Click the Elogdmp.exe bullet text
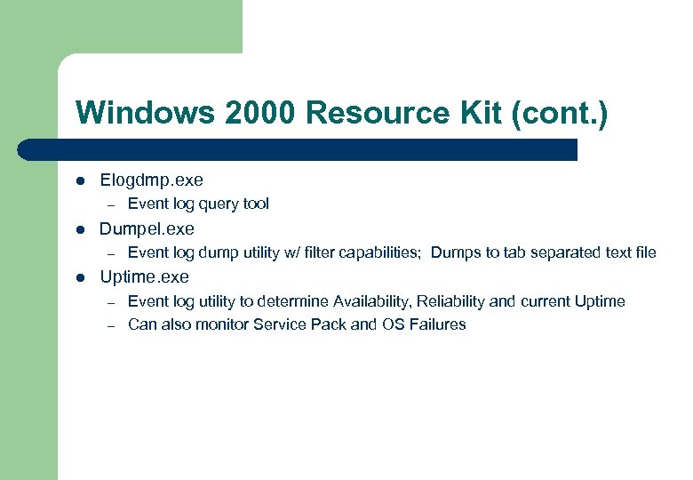tap(151, 180)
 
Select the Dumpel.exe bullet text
tap(147, 229)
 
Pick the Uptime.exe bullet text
tap(144, 277)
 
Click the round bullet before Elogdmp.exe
tap(80, 181)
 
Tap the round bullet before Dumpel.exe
tap(80, 230)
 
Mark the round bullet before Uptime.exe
tap(80, 278)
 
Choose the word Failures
tap(436, 324)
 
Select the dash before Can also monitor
tap(112, 325)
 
